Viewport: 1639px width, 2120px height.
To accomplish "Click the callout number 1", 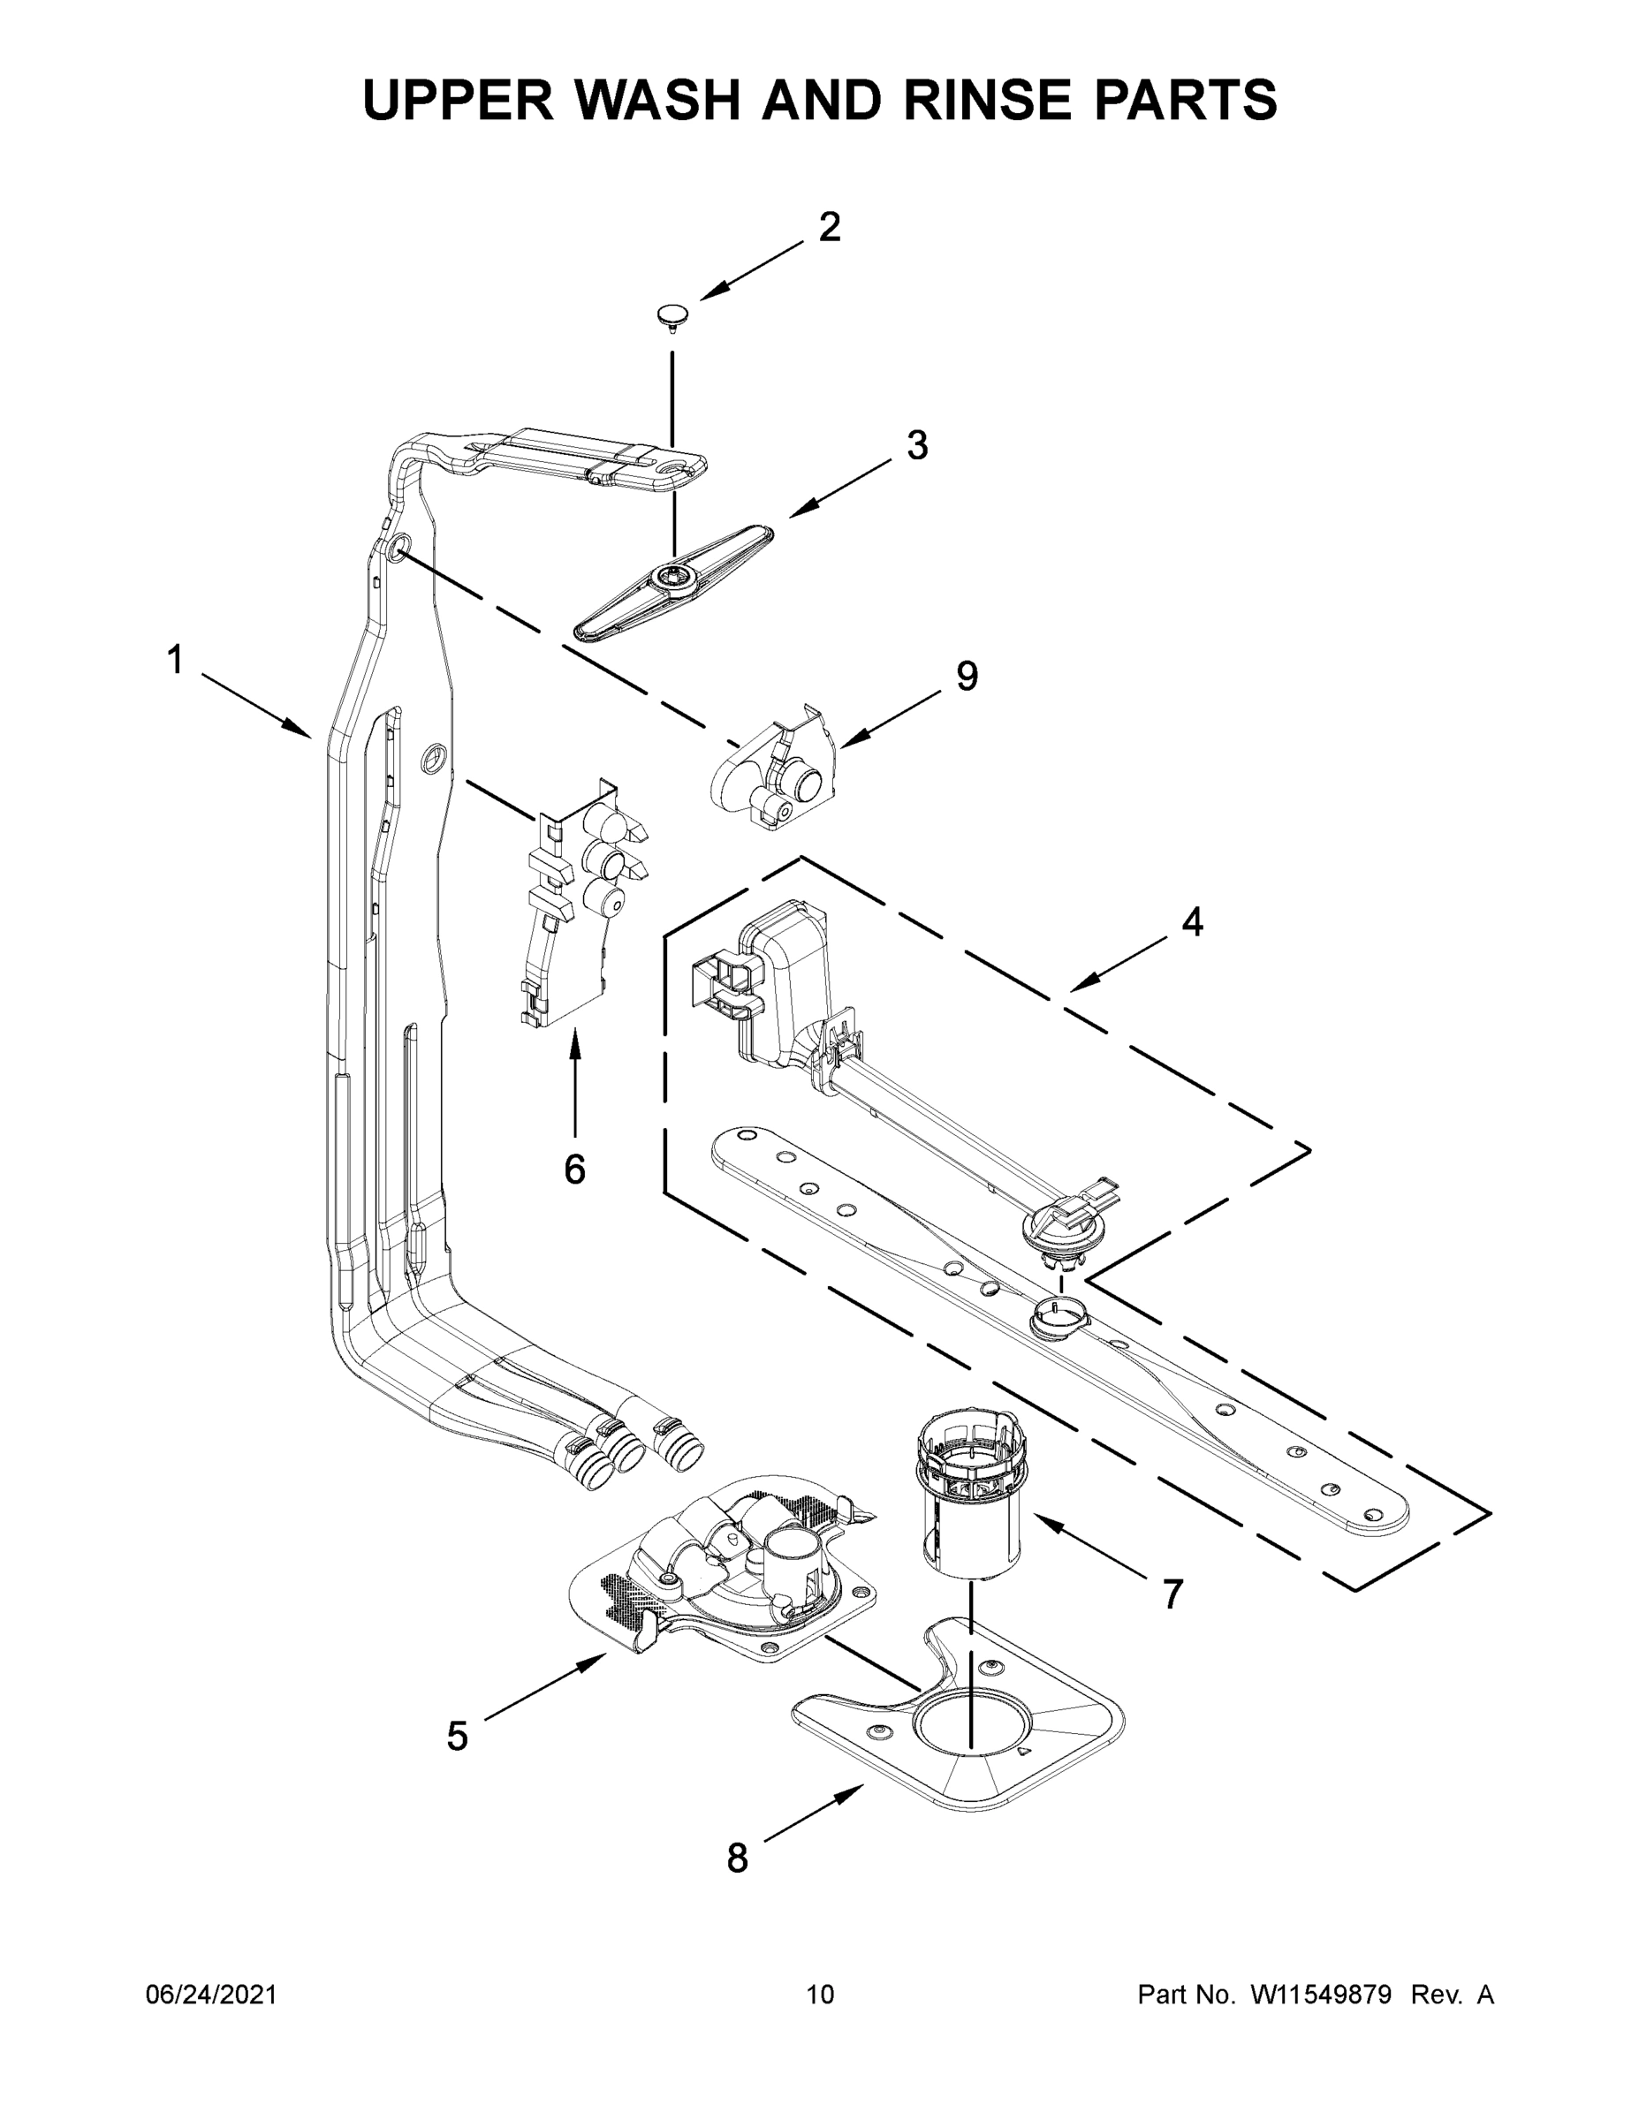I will coord(175,661).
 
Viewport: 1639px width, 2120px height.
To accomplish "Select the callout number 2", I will coord(829,227).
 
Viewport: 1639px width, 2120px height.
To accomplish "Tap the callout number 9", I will coord(966,677).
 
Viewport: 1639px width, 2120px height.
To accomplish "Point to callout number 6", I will coord(575,1170).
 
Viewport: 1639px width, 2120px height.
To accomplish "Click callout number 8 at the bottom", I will coord(737,1858).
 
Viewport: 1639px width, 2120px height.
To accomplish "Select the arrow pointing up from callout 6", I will coord(575,1082).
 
